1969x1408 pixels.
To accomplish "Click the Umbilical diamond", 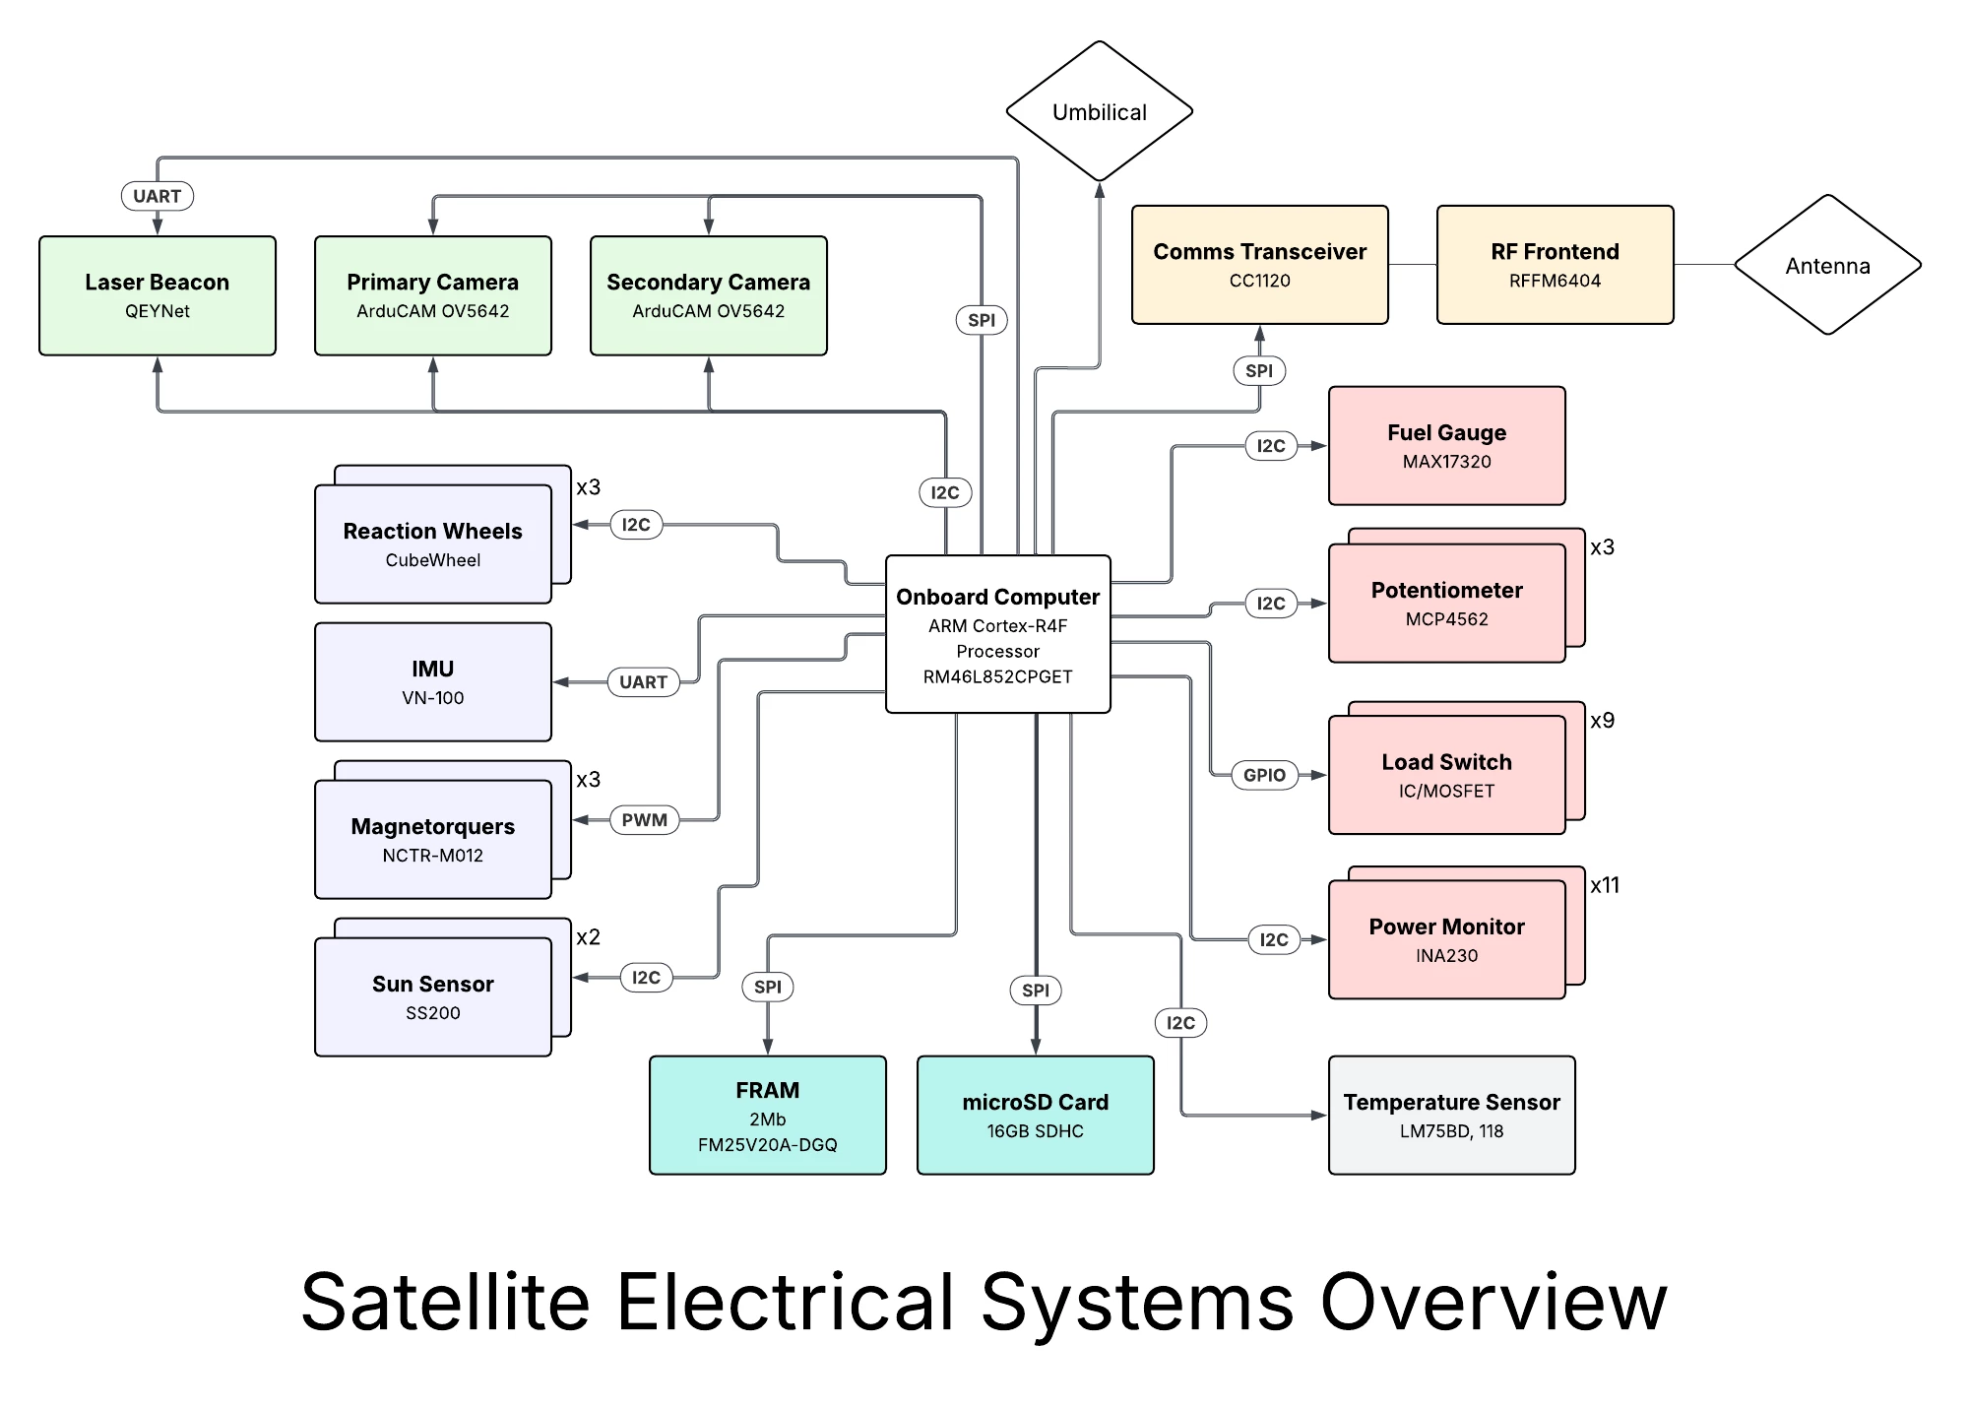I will point(1099,112).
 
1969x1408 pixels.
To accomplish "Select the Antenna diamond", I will point(1827,266).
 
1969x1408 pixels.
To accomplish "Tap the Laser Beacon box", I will point(158,295).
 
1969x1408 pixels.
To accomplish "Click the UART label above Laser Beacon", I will point(158,196).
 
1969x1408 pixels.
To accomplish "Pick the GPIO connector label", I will point(1264,775).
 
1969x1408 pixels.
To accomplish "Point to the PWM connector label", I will point(645,819).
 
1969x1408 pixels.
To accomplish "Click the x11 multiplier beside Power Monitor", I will point(1605,885).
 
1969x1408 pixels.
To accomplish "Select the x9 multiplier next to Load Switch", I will point(1603,721).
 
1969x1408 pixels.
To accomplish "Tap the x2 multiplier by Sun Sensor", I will point(588,937).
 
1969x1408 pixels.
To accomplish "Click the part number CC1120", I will point(1259,281).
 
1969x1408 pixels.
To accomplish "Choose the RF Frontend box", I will point(1555,265).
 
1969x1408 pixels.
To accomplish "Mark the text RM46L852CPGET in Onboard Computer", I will point(997,676).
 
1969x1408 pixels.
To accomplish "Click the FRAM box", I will point(767,1116).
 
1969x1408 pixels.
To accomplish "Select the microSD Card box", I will point(1035,1116).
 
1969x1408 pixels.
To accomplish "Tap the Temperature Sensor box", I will point(1451,1116).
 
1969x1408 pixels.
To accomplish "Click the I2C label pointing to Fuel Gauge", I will point(1271,446).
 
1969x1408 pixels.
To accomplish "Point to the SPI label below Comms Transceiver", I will point(1259,371).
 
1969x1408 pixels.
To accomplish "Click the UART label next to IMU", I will point(644,681).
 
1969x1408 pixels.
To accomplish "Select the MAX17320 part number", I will point(1446,462).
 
